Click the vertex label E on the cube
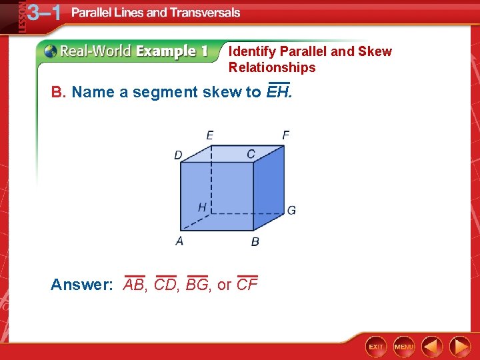coord(210,135)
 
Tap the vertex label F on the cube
coord(285,135)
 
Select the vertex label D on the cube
coord(178,155)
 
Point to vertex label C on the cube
coord(251,154)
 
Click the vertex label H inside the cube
coord(201,207)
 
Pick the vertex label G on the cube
coord(291,211)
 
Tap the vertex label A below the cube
coord(179,241)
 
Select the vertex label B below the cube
coord(255,241)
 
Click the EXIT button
coord(376,347)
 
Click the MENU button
coord(404,347)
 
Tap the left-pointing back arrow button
coord(433,347)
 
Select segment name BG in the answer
coord(197,285)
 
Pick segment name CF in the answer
coord(247,285)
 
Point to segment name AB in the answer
coord(134,285)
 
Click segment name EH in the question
coord(278,91)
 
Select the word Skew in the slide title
coord(375,51)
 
